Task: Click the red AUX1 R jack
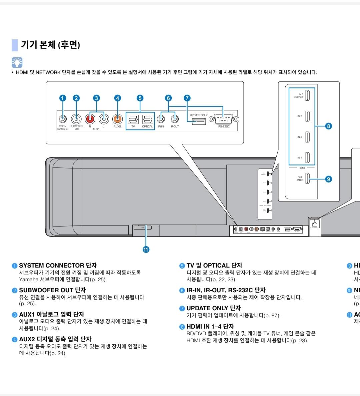pos(90,118)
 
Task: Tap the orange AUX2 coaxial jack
pos(117,118)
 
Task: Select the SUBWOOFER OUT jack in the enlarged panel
pos(76,118)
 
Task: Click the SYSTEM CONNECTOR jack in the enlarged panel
pos(62,118)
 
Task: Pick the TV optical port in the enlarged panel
pos(133,119)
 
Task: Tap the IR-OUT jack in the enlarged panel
pos(174,118)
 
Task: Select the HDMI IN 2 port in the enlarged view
pos(308,116)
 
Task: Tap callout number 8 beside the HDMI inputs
pos(329,126)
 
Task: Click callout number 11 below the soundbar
pos(146,250)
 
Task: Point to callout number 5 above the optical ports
pos(140,98)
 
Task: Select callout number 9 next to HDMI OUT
pos(329,179)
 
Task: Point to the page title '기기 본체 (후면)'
pos(50,45)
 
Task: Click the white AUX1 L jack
pos(104,118)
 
